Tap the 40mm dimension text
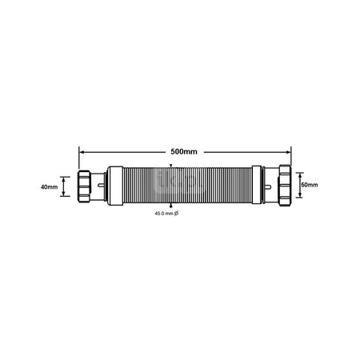pos(49,187)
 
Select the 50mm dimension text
pos(310,186)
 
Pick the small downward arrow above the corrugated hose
pos(170,167)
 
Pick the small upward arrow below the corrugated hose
pos(170,206)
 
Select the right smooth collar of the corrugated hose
pos(255,186)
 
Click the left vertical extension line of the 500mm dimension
pos(78,156)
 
